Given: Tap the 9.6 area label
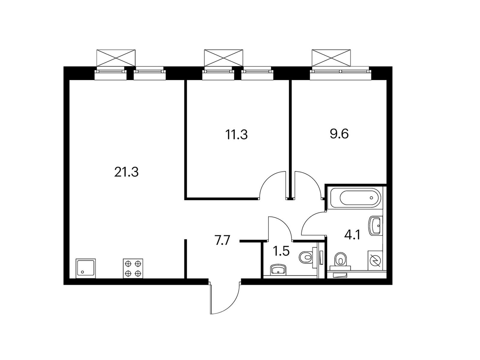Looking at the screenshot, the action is coord(339,134).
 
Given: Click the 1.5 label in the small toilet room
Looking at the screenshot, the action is coord(281,251).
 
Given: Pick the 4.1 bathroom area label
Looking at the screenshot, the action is coord(352,235).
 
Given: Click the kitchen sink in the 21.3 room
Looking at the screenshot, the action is coord(86,268).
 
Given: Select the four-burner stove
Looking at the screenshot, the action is coord(133,268).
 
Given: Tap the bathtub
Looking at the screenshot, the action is coord(355,198).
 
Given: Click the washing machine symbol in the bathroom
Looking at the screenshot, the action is coord(375,260).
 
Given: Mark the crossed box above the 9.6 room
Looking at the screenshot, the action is coord(331,58).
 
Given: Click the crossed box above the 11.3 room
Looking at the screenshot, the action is coord(223,58).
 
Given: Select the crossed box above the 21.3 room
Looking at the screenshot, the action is coord(116,58).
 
